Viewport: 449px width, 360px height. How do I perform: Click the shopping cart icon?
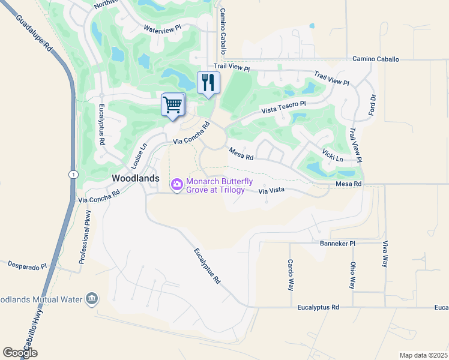[173, 105]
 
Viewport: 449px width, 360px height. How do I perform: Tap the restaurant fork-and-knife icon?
[208, 82]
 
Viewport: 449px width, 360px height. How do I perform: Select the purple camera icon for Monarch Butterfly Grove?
[177, 185]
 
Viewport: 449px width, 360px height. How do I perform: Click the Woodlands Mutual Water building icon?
[91, 299]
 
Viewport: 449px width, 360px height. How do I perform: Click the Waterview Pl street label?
[162, 28]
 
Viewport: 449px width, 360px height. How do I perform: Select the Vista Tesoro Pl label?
[283, 107]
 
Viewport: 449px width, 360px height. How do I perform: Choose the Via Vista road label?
[270, 191]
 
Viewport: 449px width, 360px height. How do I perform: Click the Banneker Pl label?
[337, 244]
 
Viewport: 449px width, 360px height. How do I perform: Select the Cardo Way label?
[290, 274]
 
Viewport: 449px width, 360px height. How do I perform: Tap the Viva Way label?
[385, 254]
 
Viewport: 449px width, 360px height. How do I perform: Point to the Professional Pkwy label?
[85, 238]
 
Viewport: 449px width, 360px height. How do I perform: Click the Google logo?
[20, 353]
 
